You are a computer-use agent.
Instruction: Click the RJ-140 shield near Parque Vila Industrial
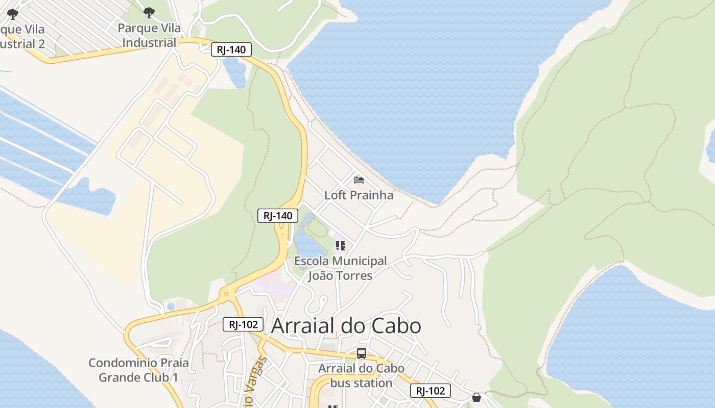pyautogui.click(x=231, y=49)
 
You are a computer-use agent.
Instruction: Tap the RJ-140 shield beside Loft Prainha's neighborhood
pyautogui.click(x=278, y=216)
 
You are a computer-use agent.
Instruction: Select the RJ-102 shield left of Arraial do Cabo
pyautogui.click(x=243, y=324)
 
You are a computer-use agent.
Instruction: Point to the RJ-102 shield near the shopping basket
pyautogui.click(x=430, y=391)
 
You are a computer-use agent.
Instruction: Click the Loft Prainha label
pyautogui.click(x=359, y=195)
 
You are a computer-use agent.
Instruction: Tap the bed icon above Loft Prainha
pyautogui.click(x=359, y=180)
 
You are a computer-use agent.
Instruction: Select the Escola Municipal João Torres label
pyautogui.click(x=340, y=268)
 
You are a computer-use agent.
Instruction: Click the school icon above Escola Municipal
pyautogui.click(x=341, y=246)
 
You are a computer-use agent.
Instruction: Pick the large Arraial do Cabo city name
pyautogui.click(x=346, y=326)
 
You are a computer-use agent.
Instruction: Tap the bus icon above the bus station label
pyautogui.click(x=362, y=353)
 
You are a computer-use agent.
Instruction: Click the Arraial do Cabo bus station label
pyautogui.click(x=362, y=375)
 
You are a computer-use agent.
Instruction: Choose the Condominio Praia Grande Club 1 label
pyautogui.click(x=138, y=370)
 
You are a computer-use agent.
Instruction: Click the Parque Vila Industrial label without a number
pyautogui.click(x=149, y=35)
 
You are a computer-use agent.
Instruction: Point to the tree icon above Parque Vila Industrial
pyautogui.click(x=149, y=12)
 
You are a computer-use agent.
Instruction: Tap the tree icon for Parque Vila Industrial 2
pyautogui.click(x=13, y=14)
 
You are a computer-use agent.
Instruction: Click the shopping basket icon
pyautogui.click(x=476, y=397)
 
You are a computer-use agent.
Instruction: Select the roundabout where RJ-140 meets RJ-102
pyautogui.click(x=225, y=294)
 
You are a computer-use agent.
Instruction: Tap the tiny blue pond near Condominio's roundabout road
pyautogui.click(x=171, y=307)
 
